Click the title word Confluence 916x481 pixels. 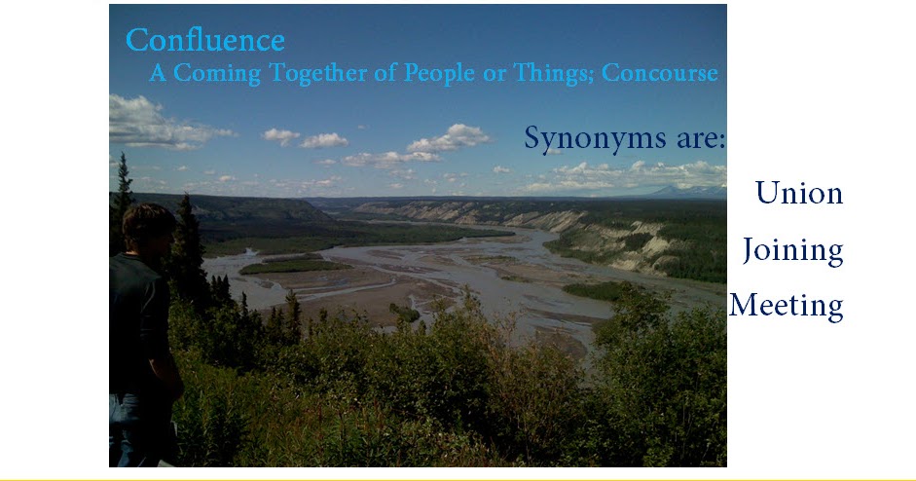pyautogui.click(x=204, y=41)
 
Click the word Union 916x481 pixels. pyautogui.click(x=799, y=193)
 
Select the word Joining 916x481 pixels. pyautogui.click(x=792, y=251)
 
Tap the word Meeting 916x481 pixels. pyautogui.click(x=786, y=306)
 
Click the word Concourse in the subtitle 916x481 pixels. pyautogui.click(x=660, y=73)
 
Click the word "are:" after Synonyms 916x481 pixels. pyautogui.click(x=694, y=138)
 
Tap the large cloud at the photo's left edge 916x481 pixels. pyautogui.click(x=146, y=122)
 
